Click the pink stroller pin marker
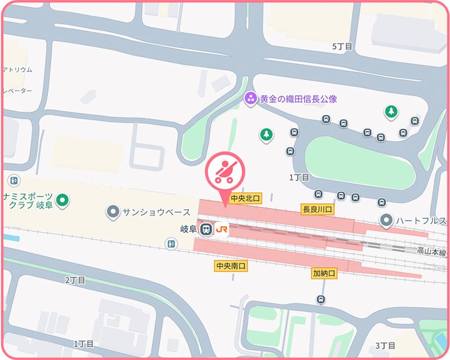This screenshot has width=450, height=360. tap(224, 172)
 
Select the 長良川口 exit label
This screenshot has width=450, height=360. tap(318, 209)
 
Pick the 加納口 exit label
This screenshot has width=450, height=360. tap(324, 273)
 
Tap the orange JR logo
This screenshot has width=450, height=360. tap(222, 229)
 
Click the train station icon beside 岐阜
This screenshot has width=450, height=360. tap(206, 229)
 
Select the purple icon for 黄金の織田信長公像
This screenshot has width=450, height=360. tap(251, 99)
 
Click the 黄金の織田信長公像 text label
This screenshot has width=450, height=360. tap(298, 99)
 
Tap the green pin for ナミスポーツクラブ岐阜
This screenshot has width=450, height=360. tap(64, 199)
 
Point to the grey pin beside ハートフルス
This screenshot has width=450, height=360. tap(386, 220)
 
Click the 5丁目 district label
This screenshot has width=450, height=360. tap(342, 46)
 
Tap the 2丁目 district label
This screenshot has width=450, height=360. tap(75, 280)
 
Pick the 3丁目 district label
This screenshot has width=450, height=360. tap(386, 345)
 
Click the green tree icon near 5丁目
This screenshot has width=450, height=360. tap(390, 111)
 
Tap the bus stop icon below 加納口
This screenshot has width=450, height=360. tap(321, 299)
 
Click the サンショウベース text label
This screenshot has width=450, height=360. tap(156, 212)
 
